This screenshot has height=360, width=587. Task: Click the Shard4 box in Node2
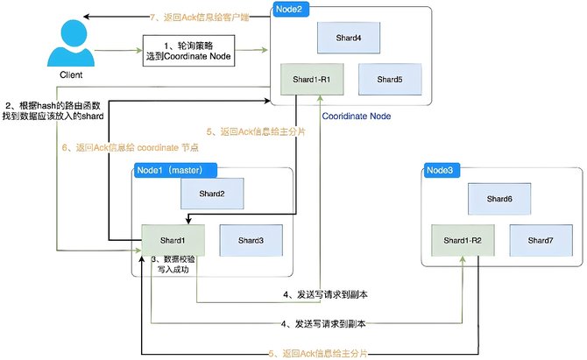(x=349, y=38)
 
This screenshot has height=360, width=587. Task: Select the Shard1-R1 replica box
(x=312, y=80)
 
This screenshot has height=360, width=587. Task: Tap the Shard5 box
(x=390, y=80)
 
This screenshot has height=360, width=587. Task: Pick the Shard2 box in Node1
(x=212, y=194)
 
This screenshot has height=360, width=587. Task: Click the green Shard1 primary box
(x=173, y=240)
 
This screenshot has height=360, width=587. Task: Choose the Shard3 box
(x=251, y=240)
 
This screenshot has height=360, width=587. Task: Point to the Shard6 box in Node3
(x=499, y=199)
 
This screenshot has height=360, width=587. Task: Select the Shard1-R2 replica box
(x=463, y=240)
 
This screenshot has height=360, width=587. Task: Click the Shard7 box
(x=541, y=240)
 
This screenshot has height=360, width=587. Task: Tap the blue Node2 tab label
(x=291, y=10)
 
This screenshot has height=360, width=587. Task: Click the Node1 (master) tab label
(x=175, y=170)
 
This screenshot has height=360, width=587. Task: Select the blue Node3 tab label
(x=442, y=170)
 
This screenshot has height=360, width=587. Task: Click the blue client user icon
(x=71, y=43)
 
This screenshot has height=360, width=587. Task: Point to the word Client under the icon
(x=71, y=74)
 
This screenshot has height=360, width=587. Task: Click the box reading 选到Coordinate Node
(x=188, y=51)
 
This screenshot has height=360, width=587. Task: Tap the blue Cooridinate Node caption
(x=357, y=116)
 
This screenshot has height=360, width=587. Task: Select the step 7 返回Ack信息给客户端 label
(x=200, y=18)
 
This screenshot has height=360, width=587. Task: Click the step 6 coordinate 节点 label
(x=130, y=147)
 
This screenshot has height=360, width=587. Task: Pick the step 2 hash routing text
(x=53, y=110)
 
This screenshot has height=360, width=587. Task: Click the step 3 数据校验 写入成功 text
(x=173, y=265)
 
